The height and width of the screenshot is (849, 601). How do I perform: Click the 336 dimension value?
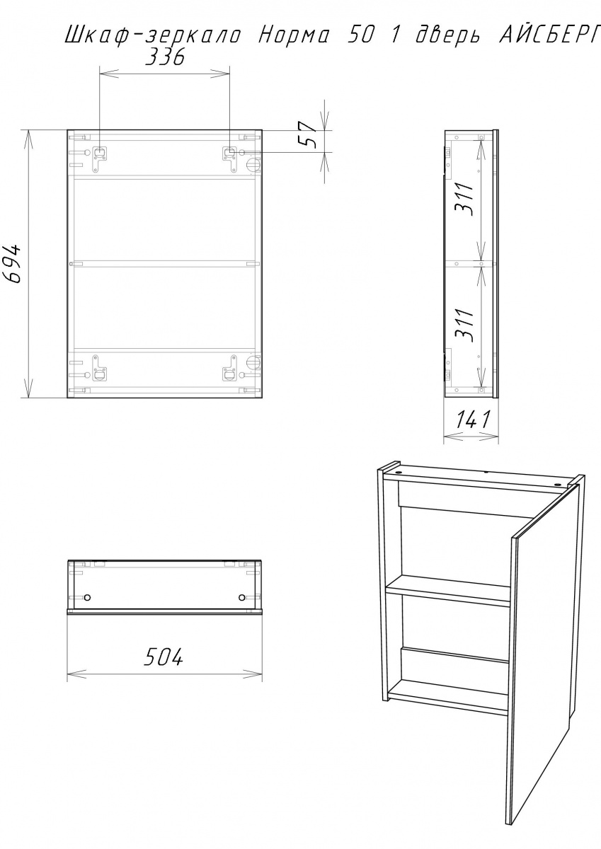click(x=165, y=57)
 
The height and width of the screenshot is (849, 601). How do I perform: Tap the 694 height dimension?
click(x=13, y=264)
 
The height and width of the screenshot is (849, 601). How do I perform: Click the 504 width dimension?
click(x=164, y=657)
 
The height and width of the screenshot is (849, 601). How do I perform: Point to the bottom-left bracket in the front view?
click(x=100, y=368)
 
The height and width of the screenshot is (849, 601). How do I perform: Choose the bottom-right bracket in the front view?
click(x=229, y=368)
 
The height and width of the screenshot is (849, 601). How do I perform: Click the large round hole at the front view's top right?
click(x=253, y=165)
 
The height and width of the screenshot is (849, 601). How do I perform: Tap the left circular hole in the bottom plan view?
click(x=88, y=598)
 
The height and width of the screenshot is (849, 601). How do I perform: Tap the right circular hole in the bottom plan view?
click(x=242, y=598)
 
